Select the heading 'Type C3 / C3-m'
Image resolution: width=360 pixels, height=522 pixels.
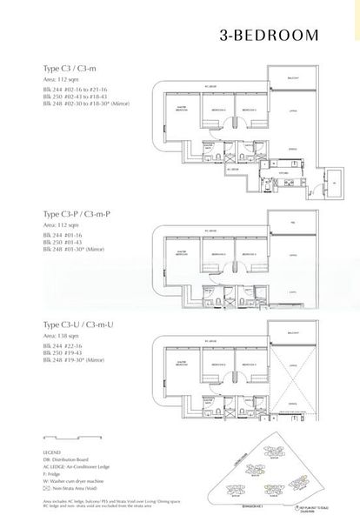pyautogui.click(x=69, y=67)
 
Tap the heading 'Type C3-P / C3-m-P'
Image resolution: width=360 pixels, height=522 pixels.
pyautogui.click(x=76, y=213)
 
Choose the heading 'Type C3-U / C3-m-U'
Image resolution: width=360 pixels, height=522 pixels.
pyautogui.click(x=76, y=324)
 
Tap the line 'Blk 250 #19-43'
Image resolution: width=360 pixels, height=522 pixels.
pyautogui.click(x=64, y=351)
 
